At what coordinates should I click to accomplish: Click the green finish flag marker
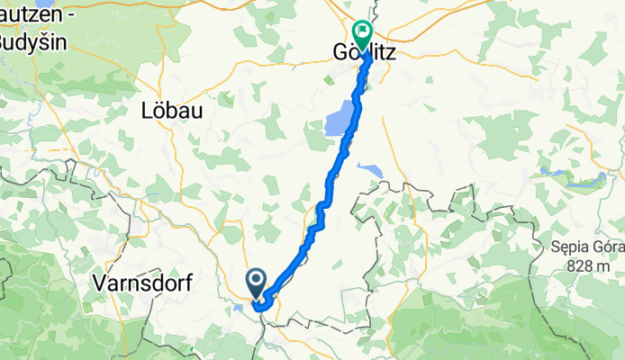[x=362, y=34]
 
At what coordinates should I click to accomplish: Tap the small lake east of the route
[x=368, y=168]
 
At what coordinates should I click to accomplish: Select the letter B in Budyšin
[x=5, y=42]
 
